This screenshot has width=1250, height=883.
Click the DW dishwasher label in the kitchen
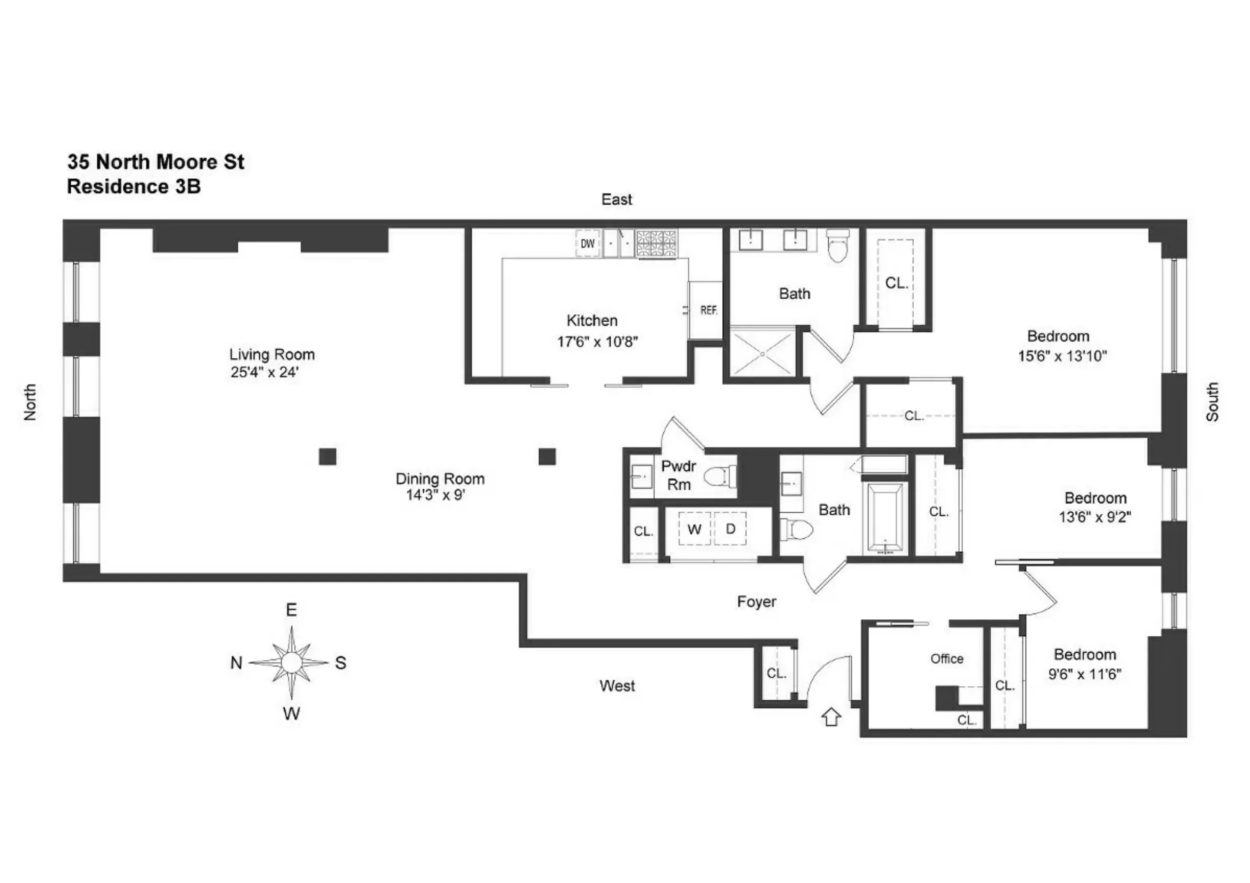587,244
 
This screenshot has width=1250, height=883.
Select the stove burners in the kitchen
656,244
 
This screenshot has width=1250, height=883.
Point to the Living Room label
272,355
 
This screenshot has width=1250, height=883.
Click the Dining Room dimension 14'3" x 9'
435,495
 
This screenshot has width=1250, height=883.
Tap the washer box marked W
694,529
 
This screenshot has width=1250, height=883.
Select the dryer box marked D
730,528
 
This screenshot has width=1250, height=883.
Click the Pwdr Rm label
679,475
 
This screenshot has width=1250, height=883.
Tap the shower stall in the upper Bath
762,354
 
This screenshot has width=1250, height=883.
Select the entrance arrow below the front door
831,717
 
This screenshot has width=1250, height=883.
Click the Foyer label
756,602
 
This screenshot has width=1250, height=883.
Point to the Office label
947,659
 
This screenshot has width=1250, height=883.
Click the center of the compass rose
291,663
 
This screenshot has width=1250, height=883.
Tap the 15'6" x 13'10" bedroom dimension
1062,356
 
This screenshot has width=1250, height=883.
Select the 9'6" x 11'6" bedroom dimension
1085,674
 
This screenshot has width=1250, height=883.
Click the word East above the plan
616,199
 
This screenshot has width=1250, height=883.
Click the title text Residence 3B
134,187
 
